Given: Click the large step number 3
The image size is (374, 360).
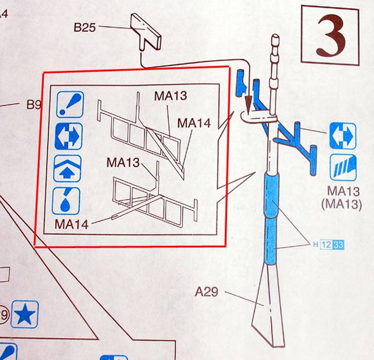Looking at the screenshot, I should [x=331, y=36].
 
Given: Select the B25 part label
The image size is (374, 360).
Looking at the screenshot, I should [x=85, y=28].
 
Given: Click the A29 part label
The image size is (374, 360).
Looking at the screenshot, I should [x=208, y=293].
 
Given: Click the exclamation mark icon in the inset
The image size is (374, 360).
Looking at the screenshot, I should [x=70, y=104].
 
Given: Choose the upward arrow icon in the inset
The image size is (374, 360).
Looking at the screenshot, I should [x=70, y=169].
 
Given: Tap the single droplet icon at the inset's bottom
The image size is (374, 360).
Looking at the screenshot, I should [x=70, y=201].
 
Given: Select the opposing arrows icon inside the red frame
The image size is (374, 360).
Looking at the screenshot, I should [x=70, y=136].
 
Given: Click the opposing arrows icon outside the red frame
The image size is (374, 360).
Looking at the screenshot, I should [x=343, y=136].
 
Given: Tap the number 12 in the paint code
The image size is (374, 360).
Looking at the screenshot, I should [x=326, y=244].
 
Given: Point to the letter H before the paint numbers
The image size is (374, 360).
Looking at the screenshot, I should [x=316, y=245].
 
